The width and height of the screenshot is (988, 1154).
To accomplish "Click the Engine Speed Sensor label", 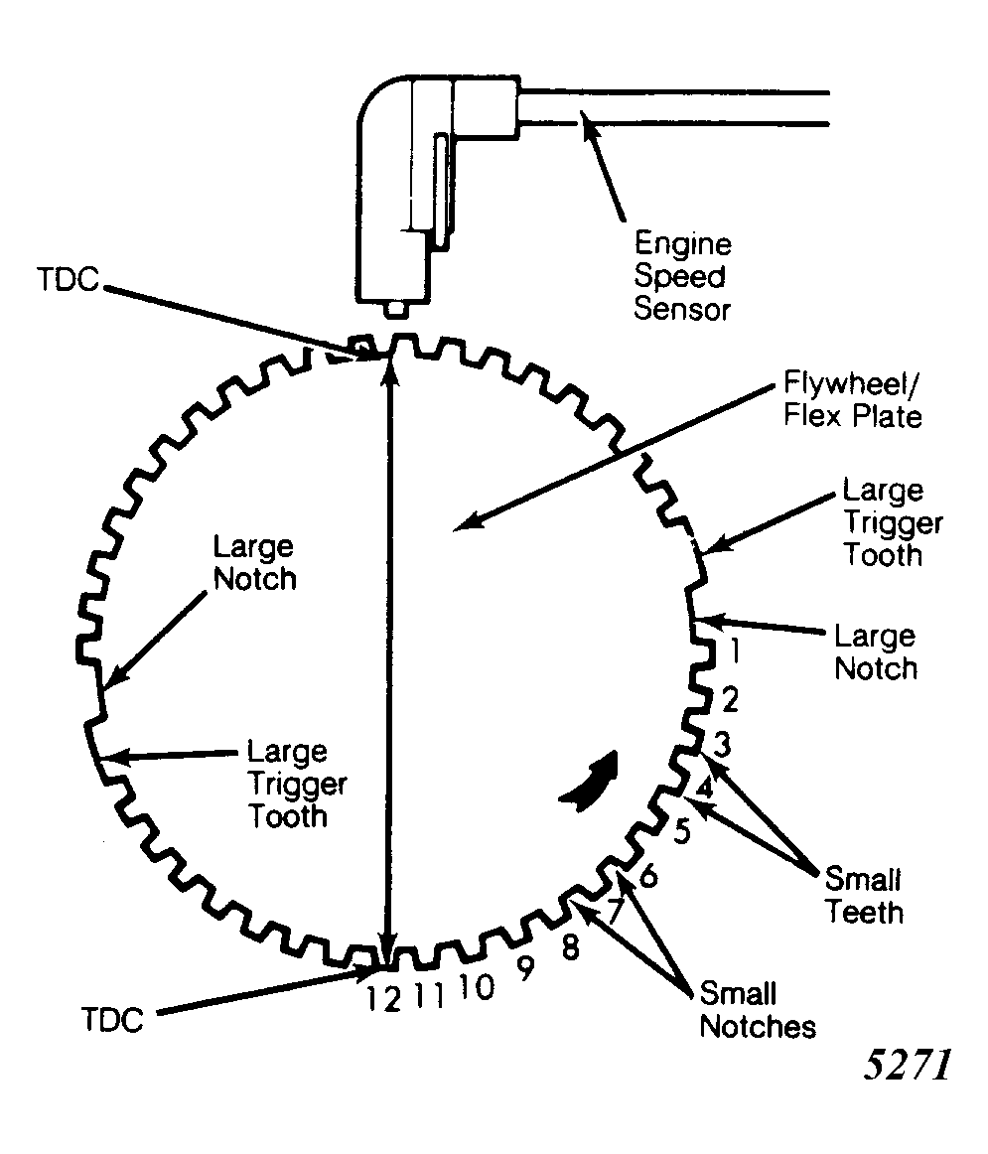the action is click(682, 276).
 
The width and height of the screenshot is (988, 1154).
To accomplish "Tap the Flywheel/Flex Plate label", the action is click(852, 399).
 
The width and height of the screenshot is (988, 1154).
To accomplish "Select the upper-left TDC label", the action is click(68, 280).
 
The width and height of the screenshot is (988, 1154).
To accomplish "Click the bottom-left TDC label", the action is click(112, 1021).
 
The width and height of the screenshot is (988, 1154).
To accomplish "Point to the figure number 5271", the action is click(909, 1065).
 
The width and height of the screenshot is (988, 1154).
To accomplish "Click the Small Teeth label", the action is click(864, 896).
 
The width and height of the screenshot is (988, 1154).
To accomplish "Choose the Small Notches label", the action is click(757, 1010).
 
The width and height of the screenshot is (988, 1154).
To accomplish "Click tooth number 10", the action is click(477, 987).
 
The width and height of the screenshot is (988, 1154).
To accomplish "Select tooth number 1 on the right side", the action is click(734, 650).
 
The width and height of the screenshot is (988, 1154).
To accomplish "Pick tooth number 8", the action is click(571, 947).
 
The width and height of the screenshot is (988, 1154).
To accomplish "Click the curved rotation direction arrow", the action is click(591, 783).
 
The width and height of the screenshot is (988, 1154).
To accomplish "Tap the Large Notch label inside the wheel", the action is click(254, 563).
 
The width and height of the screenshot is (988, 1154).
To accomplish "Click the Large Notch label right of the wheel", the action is click(876, 652).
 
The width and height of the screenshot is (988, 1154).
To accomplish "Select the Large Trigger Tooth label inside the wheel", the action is click(297, 784).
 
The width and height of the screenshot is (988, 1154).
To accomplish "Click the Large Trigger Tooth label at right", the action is click(893, 522).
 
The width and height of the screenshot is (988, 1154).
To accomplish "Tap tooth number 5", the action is click(683, 831).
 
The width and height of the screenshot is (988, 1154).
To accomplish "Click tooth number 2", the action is click(729, 699).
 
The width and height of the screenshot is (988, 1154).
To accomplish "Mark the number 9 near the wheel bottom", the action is click(524, 968).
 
